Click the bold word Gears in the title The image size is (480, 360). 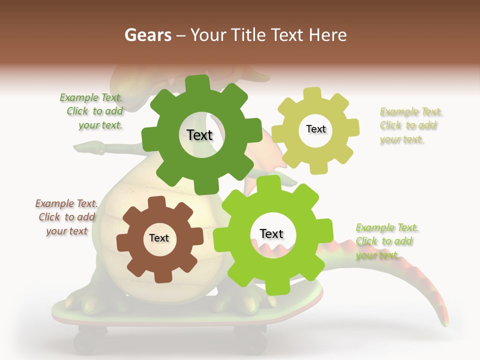(x=147, y=34)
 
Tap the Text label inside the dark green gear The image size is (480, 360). (x=199, y=135)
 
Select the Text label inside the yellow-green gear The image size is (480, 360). (x=315, y=129)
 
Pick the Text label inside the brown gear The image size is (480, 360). (x=159, y=238)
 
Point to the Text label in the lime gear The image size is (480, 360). (x=271, y=234)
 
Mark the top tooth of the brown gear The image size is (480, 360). (x=157, y=202)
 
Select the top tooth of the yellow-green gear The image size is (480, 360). (x=312, y=93)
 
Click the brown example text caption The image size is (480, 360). (x=66, y=217)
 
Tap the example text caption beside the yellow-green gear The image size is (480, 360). (x=410, y=125)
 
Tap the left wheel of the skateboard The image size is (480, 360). (x=90, y=340)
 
